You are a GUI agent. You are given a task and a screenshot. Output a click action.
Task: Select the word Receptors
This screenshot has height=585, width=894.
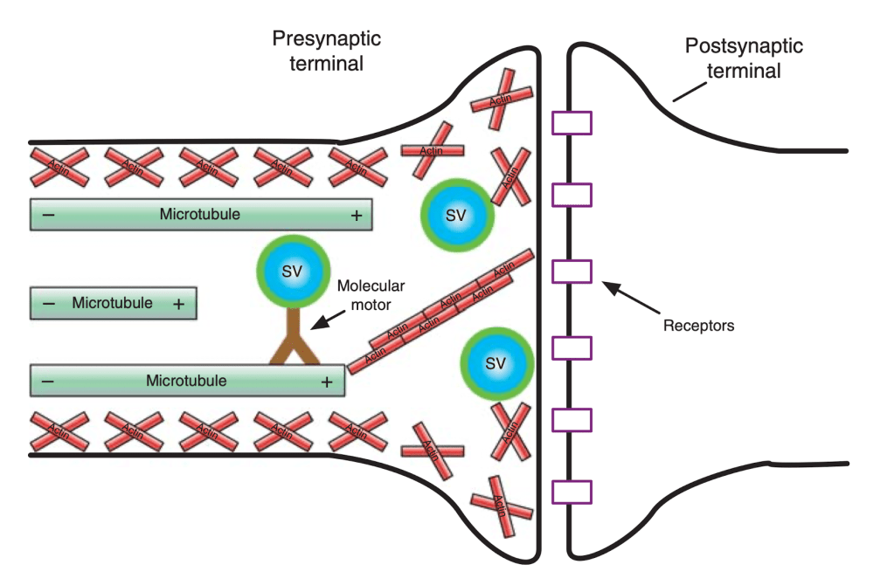click(698, 327)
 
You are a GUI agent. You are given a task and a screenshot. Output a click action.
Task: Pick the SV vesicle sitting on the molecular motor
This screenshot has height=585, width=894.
click(293, 272)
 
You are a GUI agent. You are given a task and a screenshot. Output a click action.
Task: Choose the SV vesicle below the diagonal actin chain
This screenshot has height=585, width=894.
click(496, 363)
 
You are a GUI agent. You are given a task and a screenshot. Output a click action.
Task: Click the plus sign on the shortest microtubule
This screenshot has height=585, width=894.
click(178, 304)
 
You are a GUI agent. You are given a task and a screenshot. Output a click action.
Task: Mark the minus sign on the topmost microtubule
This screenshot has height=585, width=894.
click(47, 215)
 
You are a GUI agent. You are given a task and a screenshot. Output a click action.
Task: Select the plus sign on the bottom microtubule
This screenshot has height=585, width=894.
click(327, 382)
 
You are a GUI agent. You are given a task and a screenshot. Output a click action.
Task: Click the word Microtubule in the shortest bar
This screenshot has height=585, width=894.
click(113, 304)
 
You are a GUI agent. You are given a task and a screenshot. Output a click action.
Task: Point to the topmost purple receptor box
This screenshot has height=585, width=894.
click(572, 123)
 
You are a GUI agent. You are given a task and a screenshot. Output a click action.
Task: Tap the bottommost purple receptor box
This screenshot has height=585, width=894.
click(572, 492)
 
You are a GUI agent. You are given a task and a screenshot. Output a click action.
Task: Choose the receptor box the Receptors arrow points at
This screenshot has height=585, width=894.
click(572, 272)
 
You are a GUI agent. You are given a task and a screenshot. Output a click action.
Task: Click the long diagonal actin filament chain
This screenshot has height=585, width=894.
click(441, 311)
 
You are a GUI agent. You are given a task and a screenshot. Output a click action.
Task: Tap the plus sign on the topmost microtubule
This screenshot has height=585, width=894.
click(357, 215)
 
